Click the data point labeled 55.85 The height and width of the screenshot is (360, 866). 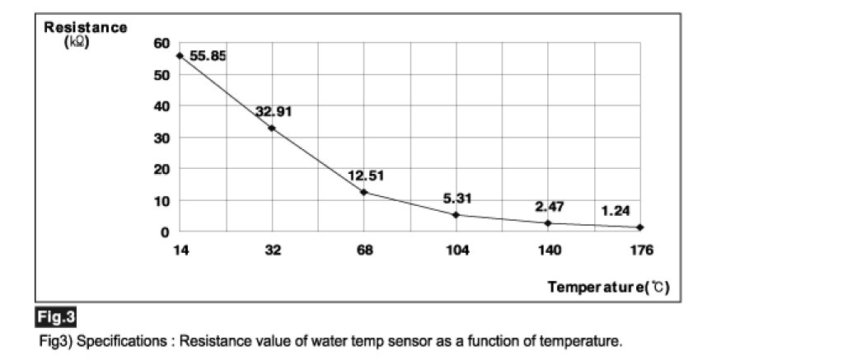(x=180, y=55)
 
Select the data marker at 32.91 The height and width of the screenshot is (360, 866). (x=272, y=128)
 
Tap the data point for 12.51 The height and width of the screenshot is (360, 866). (x=364, y=192)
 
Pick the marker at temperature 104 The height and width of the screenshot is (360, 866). (x=456, y=215)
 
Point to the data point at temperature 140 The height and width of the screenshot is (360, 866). (x=548, y=223)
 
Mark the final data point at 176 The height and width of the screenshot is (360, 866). (x=640, y=227)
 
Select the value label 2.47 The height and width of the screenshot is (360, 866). (x=550, y=207)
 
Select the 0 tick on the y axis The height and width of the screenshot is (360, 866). (x=165, y=231)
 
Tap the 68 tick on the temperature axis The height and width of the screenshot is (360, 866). (x=364, y=250)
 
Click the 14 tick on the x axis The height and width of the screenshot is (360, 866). (x=180, y=250)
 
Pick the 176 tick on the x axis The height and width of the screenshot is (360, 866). (x=640, y=250)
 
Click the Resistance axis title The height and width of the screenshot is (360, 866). (x=86, y=28)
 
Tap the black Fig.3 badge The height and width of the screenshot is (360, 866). (x=56, y=316)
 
